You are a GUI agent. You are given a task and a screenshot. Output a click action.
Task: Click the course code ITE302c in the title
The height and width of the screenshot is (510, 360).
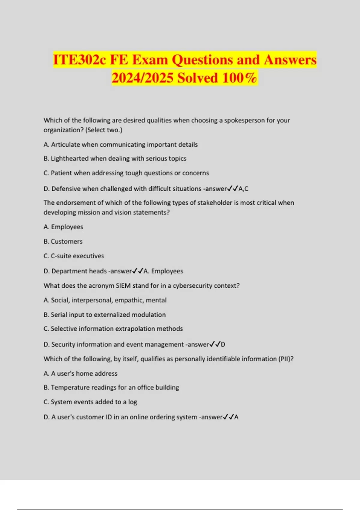pyautogui.click(x=79, y=60)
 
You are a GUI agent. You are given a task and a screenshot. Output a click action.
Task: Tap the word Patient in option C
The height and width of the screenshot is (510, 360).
pyautogui.click(x=61, y=173)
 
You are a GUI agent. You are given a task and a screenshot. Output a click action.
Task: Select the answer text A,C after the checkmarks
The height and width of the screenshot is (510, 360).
pyautogui.click(x=243, y=189)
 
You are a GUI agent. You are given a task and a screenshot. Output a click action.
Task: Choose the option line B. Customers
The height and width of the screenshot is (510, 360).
pyautogui.click(x=63, y=241)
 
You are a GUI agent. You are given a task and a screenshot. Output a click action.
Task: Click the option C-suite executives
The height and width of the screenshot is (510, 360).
pyautogui.click(x=77, y=256)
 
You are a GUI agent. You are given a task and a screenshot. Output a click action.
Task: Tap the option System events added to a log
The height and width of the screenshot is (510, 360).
pyautogui.click(x=94, y=402)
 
